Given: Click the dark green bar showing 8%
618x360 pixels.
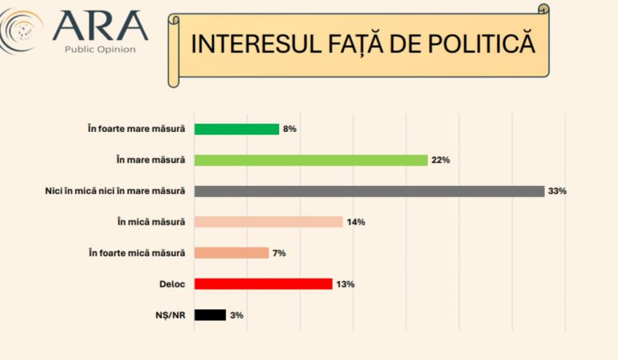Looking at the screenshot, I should [x=236, y=129].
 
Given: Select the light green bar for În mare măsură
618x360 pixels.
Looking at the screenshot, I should [x=310, y=160].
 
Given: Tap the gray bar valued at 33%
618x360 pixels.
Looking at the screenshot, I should [x=369, y=191].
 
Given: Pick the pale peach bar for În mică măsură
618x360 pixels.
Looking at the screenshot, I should [x=268, y=222].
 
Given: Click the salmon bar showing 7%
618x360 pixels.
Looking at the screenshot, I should [x=231, y=253].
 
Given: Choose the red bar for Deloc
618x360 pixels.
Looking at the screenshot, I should [x=263, y=284].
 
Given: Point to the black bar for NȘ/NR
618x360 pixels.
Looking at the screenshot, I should [x=210, y=315].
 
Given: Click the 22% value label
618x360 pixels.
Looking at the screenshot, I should [x=440, y=160].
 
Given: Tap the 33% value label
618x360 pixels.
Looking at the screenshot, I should [x=557, y=191].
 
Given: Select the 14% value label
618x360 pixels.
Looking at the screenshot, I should [x=356, y=222].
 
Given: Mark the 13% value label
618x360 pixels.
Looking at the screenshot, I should [x=345, y=284].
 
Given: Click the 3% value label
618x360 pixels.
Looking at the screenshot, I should [x=236, y=315].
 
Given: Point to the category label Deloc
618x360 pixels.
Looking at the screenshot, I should [x=172, y=284].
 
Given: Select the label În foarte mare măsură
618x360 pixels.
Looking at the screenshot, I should [x=136, y=129].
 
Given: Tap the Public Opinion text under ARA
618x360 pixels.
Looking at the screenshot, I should [x=100, y=49].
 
